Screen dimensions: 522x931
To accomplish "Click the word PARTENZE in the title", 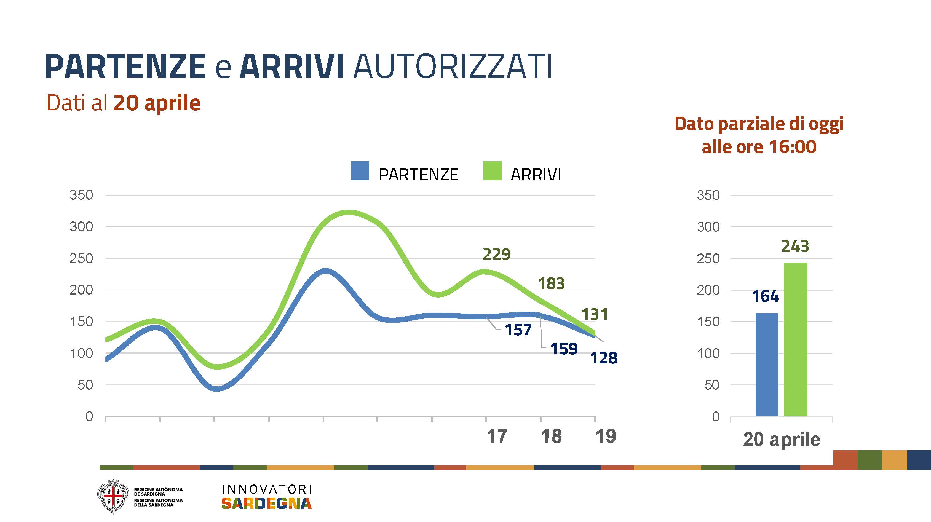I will pos(125,66).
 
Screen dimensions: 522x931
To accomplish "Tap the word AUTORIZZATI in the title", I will pos(453,66).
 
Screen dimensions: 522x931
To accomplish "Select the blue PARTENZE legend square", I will pos(360,171).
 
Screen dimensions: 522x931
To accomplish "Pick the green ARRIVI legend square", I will pos(492,171).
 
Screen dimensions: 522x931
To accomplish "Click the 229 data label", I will pos(497,255).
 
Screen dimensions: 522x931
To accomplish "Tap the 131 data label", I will pos(595,315).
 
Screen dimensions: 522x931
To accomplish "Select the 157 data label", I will pos(518,330).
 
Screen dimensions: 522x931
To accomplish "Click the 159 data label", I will pos(564,349).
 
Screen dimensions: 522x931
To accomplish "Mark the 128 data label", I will pos(604,358).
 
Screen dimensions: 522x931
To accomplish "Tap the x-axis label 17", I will pos(497,436).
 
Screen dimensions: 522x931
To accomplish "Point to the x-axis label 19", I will pos(606,436).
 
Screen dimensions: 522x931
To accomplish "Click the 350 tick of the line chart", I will pos(81,195).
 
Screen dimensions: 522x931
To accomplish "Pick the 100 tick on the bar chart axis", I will pos(708,354).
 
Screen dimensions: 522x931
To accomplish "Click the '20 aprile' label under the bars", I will pos(781,440).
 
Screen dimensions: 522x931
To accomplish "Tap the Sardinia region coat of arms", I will pos(113,496).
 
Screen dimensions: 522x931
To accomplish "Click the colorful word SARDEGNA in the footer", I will pos(266,503).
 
